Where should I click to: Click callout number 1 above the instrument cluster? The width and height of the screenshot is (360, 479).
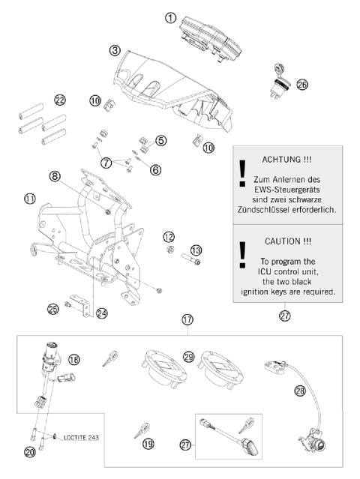[171, 18]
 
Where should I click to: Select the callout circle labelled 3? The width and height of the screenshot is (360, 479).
[114, 51]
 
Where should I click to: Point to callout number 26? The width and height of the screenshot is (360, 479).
[301, 85]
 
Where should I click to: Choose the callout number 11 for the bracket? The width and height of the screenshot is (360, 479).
[29, 199]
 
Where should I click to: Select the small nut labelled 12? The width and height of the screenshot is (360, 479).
[170, 249]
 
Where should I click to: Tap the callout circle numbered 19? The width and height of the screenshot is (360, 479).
[148, 445]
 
